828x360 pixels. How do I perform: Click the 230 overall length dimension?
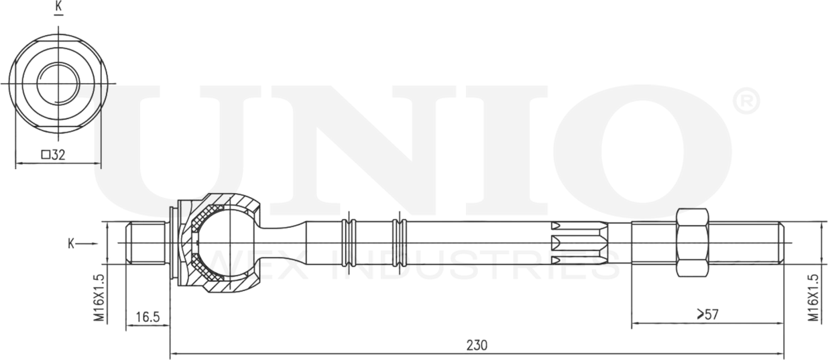click(x=477, y=345)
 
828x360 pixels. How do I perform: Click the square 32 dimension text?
click(x=53, y=155)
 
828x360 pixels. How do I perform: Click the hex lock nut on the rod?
click(x=692, y=243)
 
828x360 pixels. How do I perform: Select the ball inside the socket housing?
click(x=225, y=243)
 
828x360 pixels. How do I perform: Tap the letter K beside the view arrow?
click(x=70, y=243)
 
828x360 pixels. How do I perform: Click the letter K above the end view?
click(x=58, y=7)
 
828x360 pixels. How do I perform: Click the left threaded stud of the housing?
click(x=146, y=243)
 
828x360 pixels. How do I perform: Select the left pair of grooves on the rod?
click(x=347, y=243)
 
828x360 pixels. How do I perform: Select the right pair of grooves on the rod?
click(x=400, y=243)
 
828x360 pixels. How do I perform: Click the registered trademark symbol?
click(x=746, y=103)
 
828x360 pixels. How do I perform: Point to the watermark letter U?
click(x=171, y=144)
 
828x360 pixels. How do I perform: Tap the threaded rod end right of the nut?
click(x=746, y=243)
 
